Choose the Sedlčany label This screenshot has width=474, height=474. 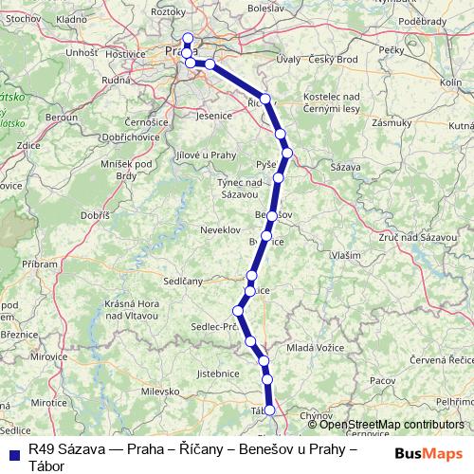pyautogui.click(x=182, y=282)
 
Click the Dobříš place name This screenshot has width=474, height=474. pyautogui.click(x=97, y=216)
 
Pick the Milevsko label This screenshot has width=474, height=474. pyautogui.click(x=159, y=391)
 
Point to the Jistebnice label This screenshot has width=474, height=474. pyautogui.click(x=219, y=374)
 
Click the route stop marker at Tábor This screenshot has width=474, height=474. pyautogui.click(x=269, y=410)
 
